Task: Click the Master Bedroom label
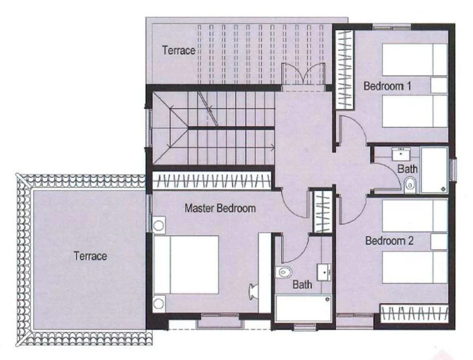coord(220,208)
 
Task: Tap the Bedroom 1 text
coord(387,86)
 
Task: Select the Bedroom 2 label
coord(389,241)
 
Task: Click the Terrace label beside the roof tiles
coord(90,256)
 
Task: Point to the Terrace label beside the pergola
coord(179,50)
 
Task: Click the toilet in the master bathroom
coord(284,272)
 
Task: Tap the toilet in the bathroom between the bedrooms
coord(410,184)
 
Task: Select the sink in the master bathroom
coord(324,272)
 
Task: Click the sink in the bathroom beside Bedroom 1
coord(401,154)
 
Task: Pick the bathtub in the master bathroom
coord(304,308)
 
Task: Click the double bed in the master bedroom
coord(186,265)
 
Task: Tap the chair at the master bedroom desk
coord(253,292)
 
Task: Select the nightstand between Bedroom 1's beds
coord(439,86)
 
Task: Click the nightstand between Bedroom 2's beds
coord(439,241)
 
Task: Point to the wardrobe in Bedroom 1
coord(344,70)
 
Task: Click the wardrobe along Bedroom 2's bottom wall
coord(414,314)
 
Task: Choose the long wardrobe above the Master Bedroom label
coord(212,180)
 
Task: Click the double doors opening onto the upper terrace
coord(303,74)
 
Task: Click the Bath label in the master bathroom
coord(302,284)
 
